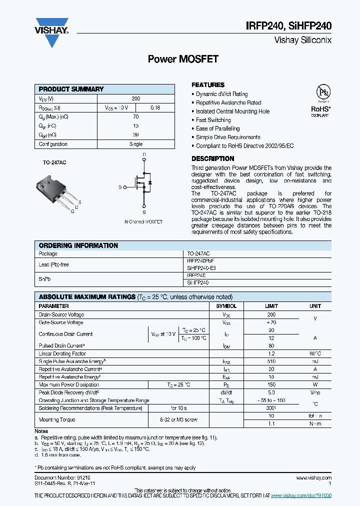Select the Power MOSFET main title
click(183, 59)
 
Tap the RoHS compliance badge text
click(320, 108)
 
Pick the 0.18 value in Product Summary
click(155, 107)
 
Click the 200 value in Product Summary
click(135, 99)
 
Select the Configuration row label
click(53, 144)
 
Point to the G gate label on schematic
click(120, 187)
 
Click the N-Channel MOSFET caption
click(143, 221)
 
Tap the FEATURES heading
click(208, 85)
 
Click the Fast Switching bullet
click(213, 120)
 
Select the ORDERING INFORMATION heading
click(78, 245)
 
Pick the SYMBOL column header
click(226, 306)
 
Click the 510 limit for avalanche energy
click(271, 361)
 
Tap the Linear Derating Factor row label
click(62, 353)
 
